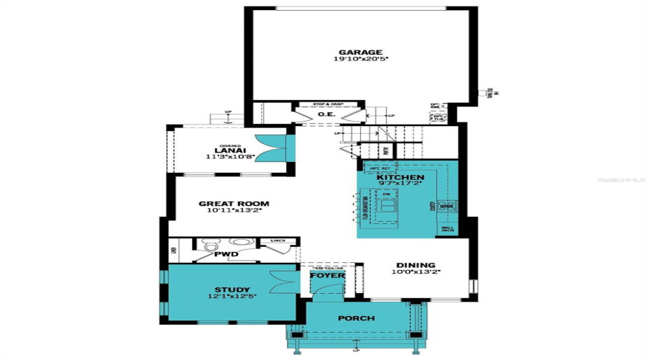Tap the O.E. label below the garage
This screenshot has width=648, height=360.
coord(325,113)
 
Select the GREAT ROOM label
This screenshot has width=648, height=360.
coord(235,204)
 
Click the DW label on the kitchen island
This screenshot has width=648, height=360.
coord(387,194)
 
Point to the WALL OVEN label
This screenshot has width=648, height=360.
coord(446,230)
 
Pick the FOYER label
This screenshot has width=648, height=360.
coord(328,276)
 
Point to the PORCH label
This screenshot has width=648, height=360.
coord(356,318)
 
